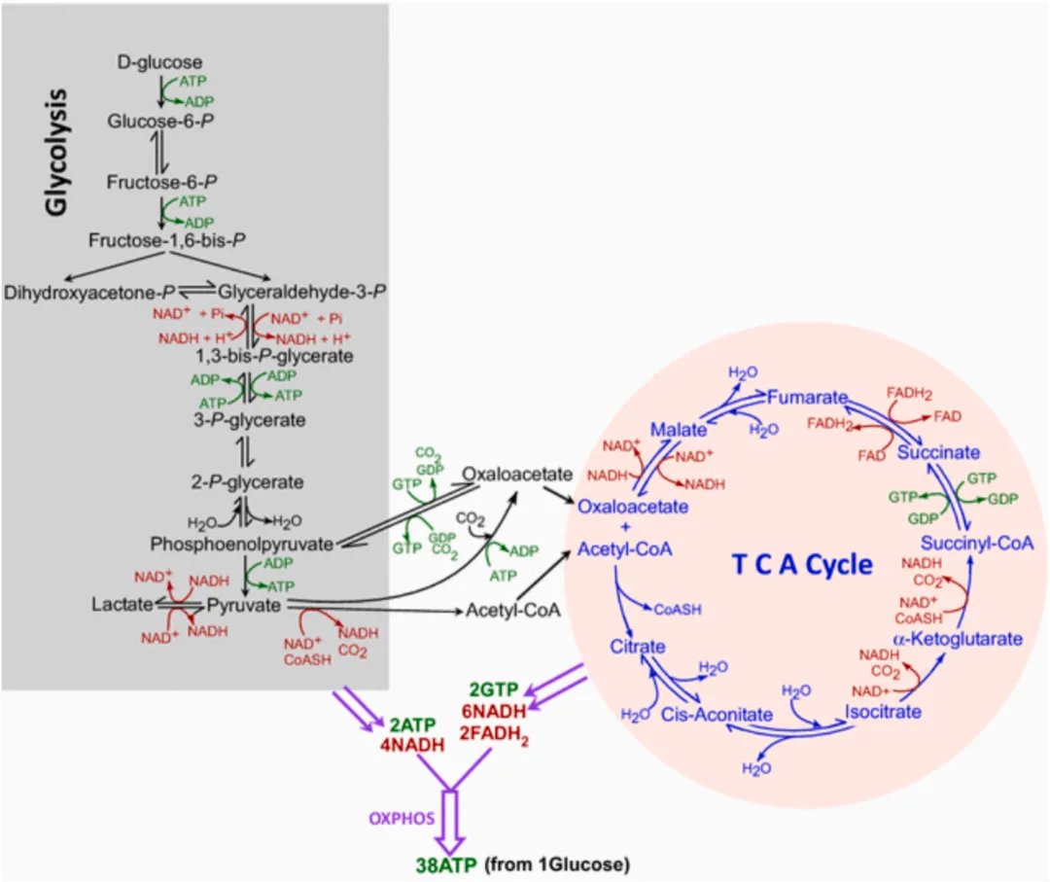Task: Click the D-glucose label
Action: coord(159,62)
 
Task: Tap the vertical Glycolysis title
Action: coord(56,152)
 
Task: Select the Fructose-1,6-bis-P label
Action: coord(167,240)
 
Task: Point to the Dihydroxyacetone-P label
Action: coord(89,293)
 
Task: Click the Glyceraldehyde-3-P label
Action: coord(302,292)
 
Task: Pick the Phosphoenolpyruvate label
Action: coord(242,544)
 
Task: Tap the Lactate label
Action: coord(122,604)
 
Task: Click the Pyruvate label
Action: coord(244,606)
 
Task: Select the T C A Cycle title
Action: coord(802,565)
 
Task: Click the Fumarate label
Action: coord(808,397)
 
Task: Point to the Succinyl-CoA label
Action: coord(977,544)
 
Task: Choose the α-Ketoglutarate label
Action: coord(958,638)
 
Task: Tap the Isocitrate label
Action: coord(883,711)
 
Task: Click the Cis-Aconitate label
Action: coord(717,715)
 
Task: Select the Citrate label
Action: coord(638,647)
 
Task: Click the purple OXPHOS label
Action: coord(402,818)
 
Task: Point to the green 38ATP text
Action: coord(446,865)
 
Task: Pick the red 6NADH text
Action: coord(494,711)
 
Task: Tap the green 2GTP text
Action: coord(494,689)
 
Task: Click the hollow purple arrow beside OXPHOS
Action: coord(451,822)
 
